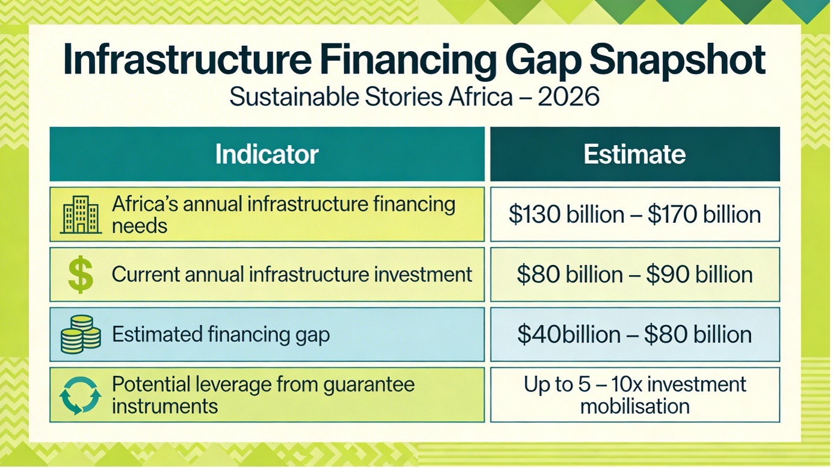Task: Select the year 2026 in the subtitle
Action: [x=569, y=97]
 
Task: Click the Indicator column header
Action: [x=267, y=154]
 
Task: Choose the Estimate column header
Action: [x=635, y=154]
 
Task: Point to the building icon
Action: [x=81, y=214]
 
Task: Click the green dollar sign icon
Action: [x=81, y=275]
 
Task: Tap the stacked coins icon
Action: [x=81, y=334]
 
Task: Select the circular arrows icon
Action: [x=80, y=396]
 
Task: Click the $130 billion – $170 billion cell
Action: [x=635, y=214]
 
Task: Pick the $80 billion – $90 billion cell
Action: [x=635, y=275]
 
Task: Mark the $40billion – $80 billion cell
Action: [x=635, y=335]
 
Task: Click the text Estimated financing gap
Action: [x=221, y=334]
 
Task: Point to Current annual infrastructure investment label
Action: [x=292, y=275]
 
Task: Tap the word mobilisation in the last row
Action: [x=635, y=406]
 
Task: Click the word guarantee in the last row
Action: [x=368, y=385]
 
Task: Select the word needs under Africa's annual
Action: [x=140, y=226]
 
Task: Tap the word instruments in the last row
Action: [x=165, y=406]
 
